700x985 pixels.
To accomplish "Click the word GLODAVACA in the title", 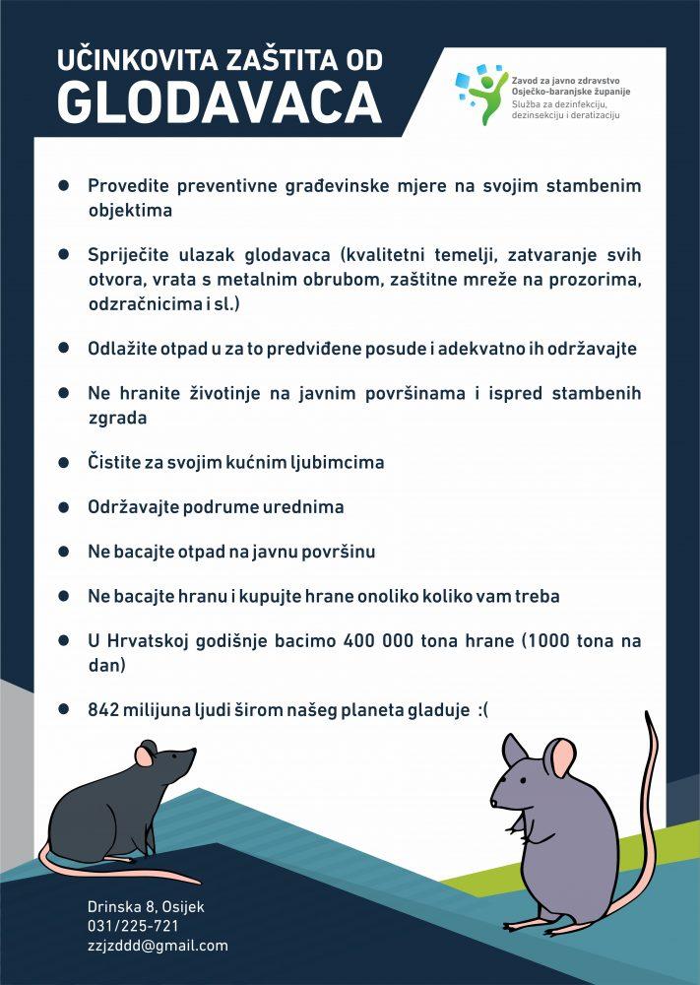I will pyautogui.click(x=219, y=102).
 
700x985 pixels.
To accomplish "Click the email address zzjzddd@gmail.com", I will pyautogui.click(x=158, y=945).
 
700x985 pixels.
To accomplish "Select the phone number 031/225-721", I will pyautogui.click(x=133, y=926).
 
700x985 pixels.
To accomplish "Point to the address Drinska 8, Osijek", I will pyautogui.click(x=146, y=906).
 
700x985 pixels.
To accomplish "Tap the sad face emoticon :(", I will pyautogui.click(x=480, y=709).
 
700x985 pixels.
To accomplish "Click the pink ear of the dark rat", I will pyautogui.click(x=145, y=755).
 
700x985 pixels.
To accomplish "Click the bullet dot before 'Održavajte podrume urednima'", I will pyautogui.click(x=64, y=508).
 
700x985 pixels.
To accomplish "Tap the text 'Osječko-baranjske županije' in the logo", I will pyautogui.click(x=571, y=91).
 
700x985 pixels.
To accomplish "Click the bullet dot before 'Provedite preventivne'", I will pyautogui.click(x=64, y=186).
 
